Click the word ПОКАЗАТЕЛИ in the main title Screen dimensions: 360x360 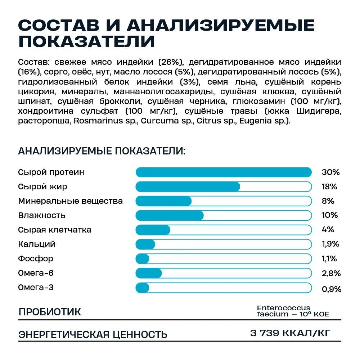pos(86,41)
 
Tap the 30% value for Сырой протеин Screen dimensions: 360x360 pos(330,172)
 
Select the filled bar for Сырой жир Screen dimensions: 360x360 pos(188,186)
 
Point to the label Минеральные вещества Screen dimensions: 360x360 pos(70,201)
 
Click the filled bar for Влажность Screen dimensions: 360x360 pos(170,215)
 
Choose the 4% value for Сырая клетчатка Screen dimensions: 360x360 pos(328,230)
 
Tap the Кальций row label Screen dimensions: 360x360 pos(37,244)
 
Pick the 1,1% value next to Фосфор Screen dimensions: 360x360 pos(329,258)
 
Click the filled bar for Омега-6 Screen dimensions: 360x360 pos(149,273)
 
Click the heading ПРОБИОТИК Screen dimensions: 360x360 pos(50,312)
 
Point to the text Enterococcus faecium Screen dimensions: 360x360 pos(284,311)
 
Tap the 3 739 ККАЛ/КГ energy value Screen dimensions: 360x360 pos(290,333)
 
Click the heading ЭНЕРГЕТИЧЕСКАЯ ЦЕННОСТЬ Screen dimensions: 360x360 pos(93,334)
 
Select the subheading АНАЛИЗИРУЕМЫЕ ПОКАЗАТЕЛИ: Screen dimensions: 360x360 pos(102,150)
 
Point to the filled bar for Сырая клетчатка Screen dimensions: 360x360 pos(153,230)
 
